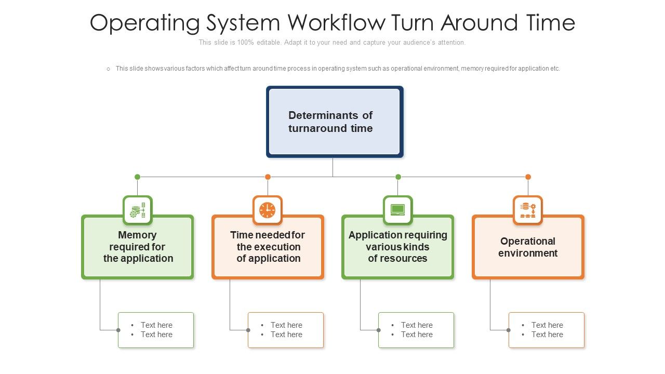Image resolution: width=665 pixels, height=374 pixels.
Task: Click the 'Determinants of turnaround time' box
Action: (x=335, y=122)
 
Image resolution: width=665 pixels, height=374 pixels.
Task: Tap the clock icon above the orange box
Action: (x=268, y=210)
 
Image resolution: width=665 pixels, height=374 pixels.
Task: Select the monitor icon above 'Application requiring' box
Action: (x=398, y=210)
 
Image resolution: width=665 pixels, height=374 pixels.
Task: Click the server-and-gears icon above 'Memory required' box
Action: (x=138, y=210)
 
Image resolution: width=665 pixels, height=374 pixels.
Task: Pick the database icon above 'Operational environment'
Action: (x=528, y=210)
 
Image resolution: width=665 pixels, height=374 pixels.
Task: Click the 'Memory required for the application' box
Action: (x=138, y=247)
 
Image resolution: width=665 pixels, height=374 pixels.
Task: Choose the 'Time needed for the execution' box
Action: (x=268, y=247)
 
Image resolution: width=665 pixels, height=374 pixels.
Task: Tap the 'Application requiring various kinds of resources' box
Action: (x=398, y=247)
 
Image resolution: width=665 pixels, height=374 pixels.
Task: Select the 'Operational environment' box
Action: (x=528, y=247)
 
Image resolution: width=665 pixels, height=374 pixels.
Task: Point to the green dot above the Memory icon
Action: (x=138, y=177)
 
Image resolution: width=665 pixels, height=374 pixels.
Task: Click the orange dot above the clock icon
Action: (x=268, y=177)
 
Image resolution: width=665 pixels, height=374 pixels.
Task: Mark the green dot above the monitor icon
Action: (x=398, y=177)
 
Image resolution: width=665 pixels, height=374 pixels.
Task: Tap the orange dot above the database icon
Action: (x=528, y=177)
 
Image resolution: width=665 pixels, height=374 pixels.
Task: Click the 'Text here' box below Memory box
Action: (x=156, y=330)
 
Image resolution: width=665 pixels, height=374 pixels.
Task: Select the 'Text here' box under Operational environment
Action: (x=547, y=330)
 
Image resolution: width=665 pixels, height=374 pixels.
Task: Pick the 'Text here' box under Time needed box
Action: (x=286, y=330)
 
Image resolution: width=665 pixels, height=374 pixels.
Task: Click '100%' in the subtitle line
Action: (x=245, y=43)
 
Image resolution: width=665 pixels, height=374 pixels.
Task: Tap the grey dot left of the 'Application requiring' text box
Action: (x=378, y=330)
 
